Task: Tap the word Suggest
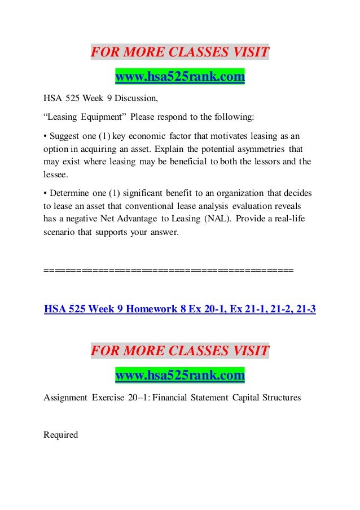click(x=65, y=136)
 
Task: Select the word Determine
click(x=71, y=193)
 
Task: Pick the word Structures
click(x=281, y=397)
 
